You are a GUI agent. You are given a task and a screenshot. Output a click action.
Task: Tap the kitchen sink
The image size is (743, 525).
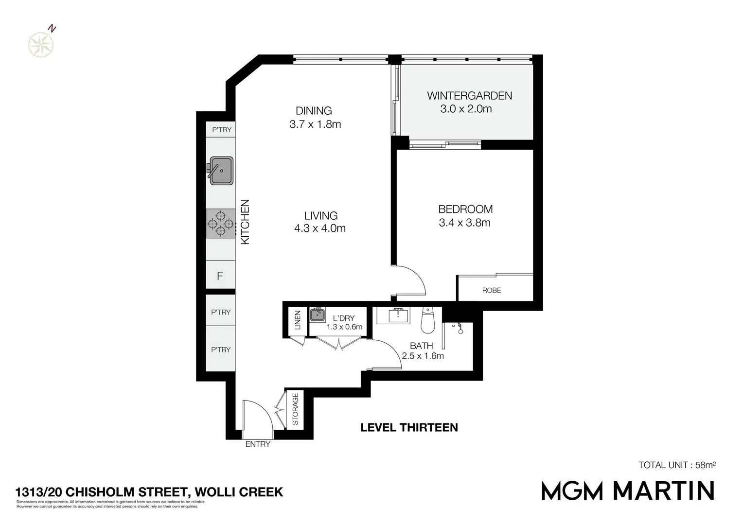pos(221,170)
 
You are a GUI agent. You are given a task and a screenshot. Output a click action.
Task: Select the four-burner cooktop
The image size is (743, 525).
pos(221,224)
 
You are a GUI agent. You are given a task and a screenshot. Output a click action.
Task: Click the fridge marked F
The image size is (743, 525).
pos(220,276)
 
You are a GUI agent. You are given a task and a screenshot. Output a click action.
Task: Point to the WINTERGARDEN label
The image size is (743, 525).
pos(469,96)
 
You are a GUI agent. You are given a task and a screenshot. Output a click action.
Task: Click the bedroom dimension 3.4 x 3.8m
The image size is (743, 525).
pos(464,223)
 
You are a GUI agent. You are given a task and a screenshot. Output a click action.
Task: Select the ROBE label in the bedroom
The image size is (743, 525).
pos(491,290)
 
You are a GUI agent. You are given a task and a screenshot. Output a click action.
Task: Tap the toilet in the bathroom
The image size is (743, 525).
pos(427,321)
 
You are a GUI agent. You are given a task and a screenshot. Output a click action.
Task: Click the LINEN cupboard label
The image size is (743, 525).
pos(298,320)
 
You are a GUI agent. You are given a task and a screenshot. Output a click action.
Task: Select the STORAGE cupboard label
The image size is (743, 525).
pos(295,409)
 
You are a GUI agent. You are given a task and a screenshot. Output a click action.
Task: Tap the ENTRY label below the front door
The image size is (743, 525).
pos(257,444)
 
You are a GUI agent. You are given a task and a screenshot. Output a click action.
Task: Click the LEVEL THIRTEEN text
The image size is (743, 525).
pos(409,428)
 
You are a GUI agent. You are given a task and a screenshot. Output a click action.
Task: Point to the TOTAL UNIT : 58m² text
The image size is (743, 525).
pos(676,465)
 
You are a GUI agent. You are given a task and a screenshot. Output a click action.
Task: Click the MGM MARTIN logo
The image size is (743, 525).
pos(628,490)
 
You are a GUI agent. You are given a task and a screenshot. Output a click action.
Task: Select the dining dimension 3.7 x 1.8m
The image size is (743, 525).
pos(315,124)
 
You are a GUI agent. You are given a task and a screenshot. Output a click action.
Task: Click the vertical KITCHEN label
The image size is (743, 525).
pos(246,222)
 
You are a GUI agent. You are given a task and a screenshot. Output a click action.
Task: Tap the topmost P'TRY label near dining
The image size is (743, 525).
pos(221,130)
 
